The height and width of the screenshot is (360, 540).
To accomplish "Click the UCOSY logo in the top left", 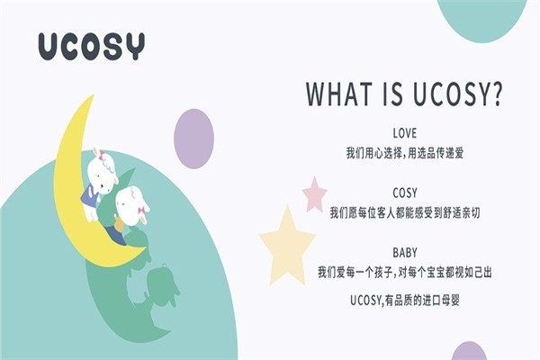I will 90,46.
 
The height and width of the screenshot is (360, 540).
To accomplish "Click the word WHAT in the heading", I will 340,94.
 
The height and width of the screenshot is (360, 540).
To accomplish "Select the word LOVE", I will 405,134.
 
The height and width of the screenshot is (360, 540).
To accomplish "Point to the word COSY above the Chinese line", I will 405,193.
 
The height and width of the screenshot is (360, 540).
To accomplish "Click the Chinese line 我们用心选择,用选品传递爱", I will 405,153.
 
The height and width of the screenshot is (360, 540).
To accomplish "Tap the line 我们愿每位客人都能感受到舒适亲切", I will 405,213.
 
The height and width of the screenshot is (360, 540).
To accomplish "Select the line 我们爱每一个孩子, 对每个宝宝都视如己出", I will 405,271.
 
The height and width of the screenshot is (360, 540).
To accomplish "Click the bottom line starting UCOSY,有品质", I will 405,298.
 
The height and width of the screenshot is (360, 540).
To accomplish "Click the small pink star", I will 314,193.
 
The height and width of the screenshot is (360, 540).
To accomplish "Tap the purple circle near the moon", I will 193,138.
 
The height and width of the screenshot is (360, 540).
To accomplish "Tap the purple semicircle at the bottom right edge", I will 469,352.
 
